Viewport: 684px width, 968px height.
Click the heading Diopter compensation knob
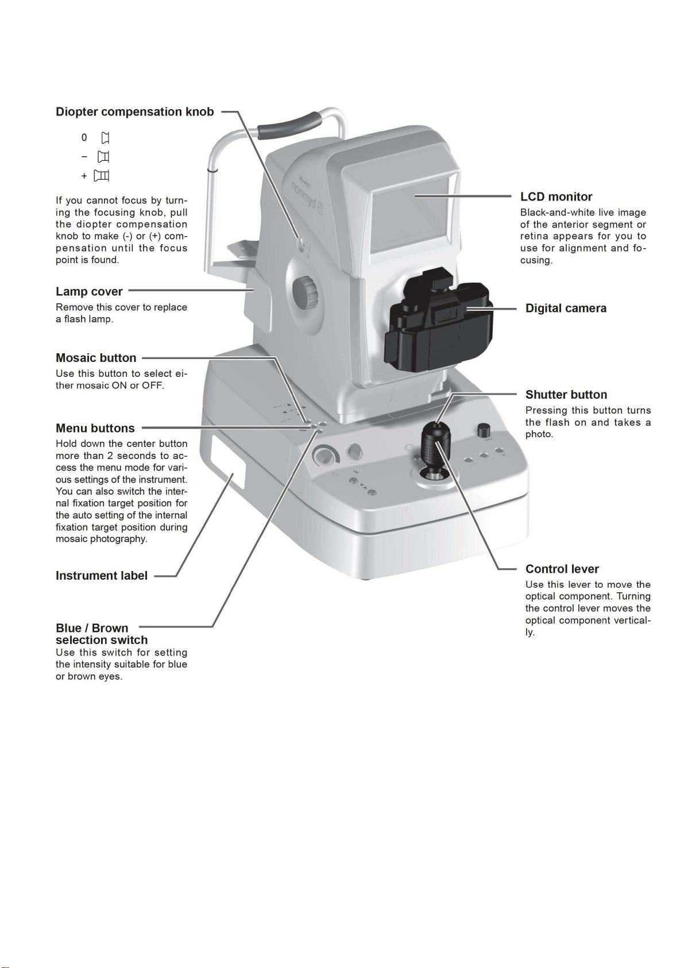[135, 112]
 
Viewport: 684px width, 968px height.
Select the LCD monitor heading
[556, 196]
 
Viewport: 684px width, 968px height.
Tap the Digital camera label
[566, 308]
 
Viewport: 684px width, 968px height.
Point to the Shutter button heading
[566, 395]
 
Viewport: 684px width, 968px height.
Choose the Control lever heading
[562, 569]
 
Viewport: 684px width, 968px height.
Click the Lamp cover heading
[89, 292]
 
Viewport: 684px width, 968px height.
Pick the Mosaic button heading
[96, 358]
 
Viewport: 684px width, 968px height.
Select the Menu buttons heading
[95, 428]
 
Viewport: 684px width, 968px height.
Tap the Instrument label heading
[102, 576]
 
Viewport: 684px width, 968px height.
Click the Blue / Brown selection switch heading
[102, 634]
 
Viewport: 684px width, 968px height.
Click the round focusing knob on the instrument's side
[306, 292]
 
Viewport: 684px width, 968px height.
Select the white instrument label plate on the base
[229, 462]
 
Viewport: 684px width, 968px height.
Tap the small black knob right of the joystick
[484, 430]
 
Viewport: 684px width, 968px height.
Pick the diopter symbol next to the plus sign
[102, 176]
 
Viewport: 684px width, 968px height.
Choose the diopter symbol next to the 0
[105, 138]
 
